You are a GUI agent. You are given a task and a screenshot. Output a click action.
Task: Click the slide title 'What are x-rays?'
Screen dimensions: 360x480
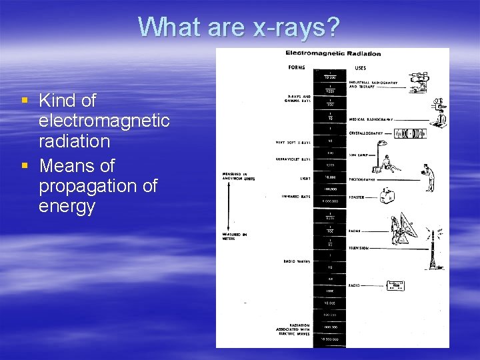(x=239, y=27)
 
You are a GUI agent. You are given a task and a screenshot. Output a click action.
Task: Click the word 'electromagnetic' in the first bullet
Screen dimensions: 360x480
(x=104, y=121)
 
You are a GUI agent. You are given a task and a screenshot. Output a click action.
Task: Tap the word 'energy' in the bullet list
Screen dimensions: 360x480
(x=67, y=206)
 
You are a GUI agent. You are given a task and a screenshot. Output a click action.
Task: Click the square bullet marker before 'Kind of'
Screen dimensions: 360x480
(x=25, y=101)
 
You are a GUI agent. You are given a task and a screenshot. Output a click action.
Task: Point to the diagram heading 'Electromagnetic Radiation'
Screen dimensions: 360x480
(x=333, y=53)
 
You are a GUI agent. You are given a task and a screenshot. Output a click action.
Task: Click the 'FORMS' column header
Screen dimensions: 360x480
(x=297, y=67)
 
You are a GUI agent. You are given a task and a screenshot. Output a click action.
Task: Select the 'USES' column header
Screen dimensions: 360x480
(x=360, y=67)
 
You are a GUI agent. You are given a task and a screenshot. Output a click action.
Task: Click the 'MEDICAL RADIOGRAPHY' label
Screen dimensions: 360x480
(x=371, y=119)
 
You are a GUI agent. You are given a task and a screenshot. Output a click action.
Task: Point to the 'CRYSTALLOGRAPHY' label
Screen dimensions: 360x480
(x=366, y=133)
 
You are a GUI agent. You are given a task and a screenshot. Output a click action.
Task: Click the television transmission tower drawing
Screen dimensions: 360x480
(x=433, y=249)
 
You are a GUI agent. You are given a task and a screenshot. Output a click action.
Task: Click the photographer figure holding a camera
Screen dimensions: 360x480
(x=430, y=177)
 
